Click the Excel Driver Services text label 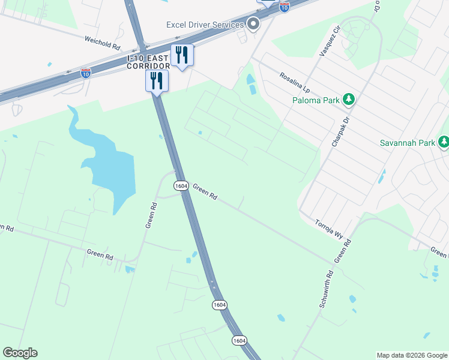tap(205, 25)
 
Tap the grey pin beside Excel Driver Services tap(253, 25)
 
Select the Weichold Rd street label tap(103, 42)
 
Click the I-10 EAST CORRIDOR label tap(148, 62)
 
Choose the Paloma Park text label tap(316, 100)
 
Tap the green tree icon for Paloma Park tap(349, 99)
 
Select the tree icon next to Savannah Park tap(444, 142)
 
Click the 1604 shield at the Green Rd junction tap(182, 185)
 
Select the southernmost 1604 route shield tap(240, 340)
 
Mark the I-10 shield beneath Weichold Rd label tap(86, 73)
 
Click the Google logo tap(20, 353)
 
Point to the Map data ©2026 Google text tap(412, 355)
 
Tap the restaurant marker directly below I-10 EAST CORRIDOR tap(157, 80)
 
